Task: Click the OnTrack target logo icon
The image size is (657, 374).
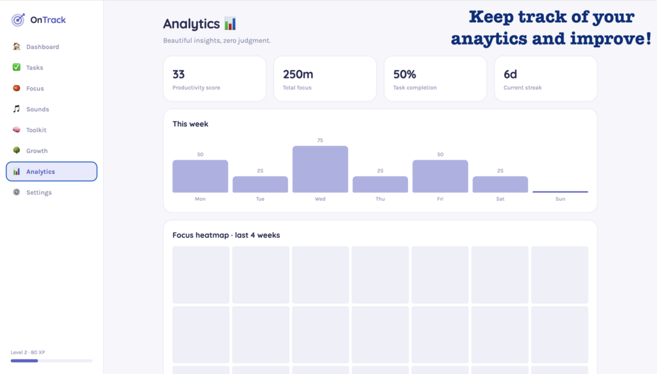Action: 18,20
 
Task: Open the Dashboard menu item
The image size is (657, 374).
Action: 36,46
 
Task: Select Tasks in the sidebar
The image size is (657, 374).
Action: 28,67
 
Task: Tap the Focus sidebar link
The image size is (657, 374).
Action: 29,88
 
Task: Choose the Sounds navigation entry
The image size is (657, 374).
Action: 31,109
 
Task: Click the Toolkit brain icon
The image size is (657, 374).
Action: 16,129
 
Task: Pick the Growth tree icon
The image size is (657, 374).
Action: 16,150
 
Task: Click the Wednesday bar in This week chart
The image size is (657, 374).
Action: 320,169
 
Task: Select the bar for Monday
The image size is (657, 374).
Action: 200,176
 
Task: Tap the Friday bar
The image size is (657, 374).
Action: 441,176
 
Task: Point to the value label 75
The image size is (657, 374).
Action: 320,141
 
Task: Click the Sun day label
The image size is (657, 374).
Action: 560,199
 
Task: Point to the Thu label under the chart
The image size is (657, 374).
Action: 380,199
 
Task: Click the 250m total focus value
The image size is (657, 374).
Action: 298,75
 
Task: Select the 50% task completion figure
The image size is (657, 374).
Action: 405,75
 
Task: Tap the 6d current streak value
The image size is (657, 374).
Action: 511,75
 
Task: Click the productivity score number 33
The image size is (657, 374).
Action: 178,75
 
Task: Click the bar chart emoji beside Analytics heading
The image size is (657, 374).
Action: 230,24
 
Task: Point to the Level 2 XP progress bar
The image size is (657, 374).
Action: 52,360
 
